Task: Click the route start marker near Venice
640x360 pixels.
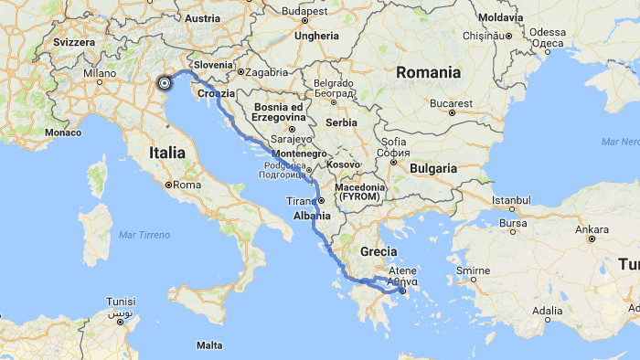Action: (165, 82)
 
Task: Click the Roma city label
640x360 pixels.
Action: (186, 185)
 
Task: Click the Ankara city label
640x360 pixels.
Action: (592, 228)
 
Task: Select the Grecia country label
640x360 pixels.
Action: (379, 249)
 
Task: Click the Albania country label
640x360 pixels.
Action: (312, 216)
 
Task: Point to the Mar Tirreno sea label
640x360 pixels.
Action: (144, 235)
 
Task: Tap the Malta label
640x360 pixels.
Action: (209, 345)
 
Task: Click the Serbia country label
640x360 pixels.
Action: (341, 122)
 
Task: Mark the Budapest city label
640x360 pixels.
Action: (304, 11)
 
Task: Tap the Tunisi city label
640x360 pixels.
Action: (121, 302)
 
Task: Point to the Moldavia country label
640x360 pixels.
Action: (499, 17)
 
